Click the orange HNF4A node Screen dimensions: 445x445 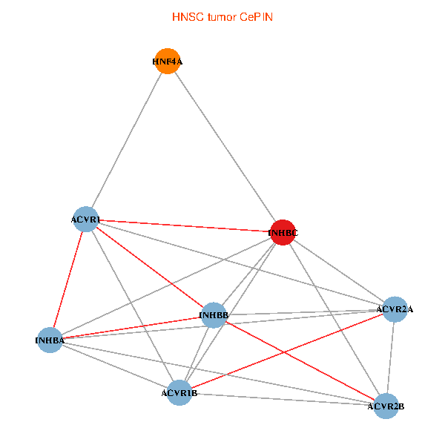click(x=168, y=61)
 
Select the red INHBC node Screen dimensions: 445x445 click(x=283, y=232)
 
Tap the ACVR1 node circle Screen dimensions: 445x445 click(x=86, y=220)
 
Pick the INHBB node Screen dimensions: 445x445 click(x=214, y=315)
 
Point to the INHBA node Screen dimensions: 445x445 click(x=50, y=340)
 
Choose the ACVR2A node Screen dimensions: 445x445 click(x=395, y=309)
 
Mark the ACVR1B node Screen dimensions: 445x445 click(x=179, y=393)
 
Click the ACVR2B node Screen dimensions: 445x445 click(x=386, y=406)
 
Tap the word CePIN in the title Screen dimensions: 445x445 click(x=257, y=17)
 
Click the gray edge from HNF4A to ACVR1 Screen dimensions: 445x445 click(x=127, y=140)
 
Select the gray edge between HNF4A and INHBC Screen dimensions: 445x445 click(x=225, y=147)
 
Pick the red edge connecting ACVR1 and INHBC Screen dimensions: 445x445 click(x=185, y=226)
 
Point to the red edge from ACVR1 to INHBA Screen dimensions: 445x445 click(x=68, y=280)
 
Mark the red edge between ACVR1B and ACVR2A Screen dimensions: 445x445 click(x=287, y=351)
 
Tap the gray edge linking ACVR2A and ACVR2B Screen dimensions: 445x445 click(x=391, y=358)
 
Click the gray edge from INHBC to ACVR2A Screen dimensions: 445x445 click(x=339, y=271)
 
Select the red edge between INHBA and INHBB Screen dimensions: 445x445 click(x=132, y=328)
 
